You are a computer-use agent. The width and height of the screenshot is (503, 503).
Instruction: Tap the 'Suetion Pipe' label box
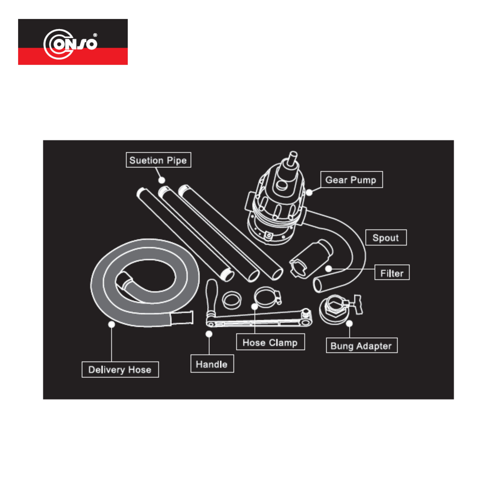158,160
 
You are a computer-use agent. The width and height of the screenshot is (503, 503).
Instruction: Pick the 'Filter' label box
392,272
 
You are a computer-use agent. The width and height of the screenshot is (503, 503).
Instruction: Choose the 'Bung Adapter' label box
362,346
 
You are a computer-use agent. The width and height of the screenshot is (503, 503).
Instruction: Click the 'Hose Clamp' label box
270,342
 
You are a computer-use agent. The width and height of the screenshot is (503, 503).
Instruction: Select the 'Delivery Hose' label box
120,369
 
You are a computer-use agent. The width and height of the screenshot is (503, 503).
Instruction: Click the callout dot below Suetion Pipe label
162,180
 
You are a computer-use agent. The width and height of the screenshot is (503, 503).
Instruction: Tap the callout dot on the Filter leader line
329,268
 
